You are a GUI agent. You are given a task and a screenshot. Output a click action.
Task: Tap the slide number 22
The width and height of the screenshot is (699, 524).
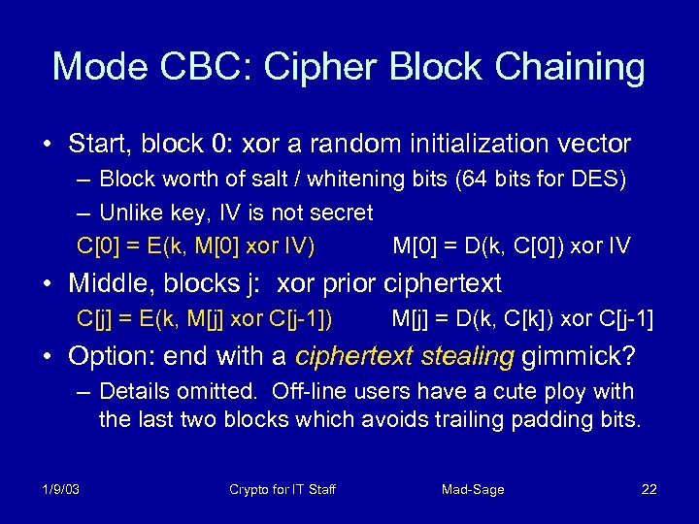click(x=649, y=489)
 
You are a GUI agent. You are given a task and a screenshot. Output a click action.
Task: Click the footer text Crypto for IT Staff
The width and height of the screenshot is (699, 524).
click(x=283, y=489)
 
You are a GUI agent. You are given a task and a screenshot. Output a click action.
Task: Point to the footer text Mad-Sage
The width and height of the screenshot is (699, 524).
click(x=473, y=489)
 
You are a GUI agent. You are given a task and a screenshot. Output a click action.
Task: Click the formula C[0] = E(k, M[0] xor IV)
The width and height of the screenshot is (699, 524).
click(x=196, y=246)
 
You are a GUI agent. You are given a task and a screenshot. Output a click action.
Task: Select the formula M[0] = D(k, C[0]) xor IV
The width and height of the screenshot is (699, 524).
click(x=511, y=246)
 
